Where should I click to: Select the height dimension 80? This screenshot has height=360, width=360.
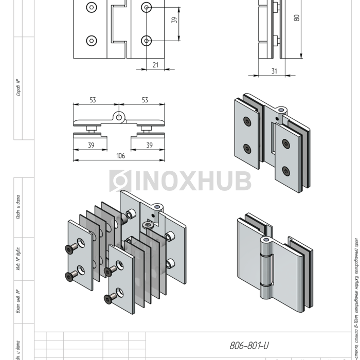[297, 17]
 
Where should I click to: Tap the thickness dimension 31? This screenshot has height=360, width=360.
[274, 71]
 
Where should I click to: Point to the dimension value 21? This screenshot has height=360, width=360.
[155, 64]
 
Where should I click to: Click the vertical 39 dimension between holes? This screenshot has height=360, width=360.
[174, 21]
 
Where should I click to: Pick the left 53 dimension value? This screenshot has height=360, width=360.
[93, 100]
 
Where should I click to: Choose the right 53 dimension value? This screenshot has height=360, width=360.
[145, 100]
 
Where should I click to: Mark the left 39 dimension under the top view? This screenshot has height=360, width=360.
[91, 146]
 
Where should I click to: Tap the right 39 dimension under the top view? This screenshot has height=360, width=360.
[149, 146]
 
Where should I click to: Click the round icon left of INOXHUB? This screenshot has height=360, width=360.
[119, 181]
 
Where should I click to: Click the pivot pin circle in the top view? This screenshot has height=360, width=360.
[119, 117]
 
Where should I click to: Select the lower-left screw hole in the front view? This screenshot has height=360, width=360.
[91, 40]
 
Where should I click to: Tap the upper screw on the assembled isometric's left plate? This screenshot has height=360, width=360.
[248, 122]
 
